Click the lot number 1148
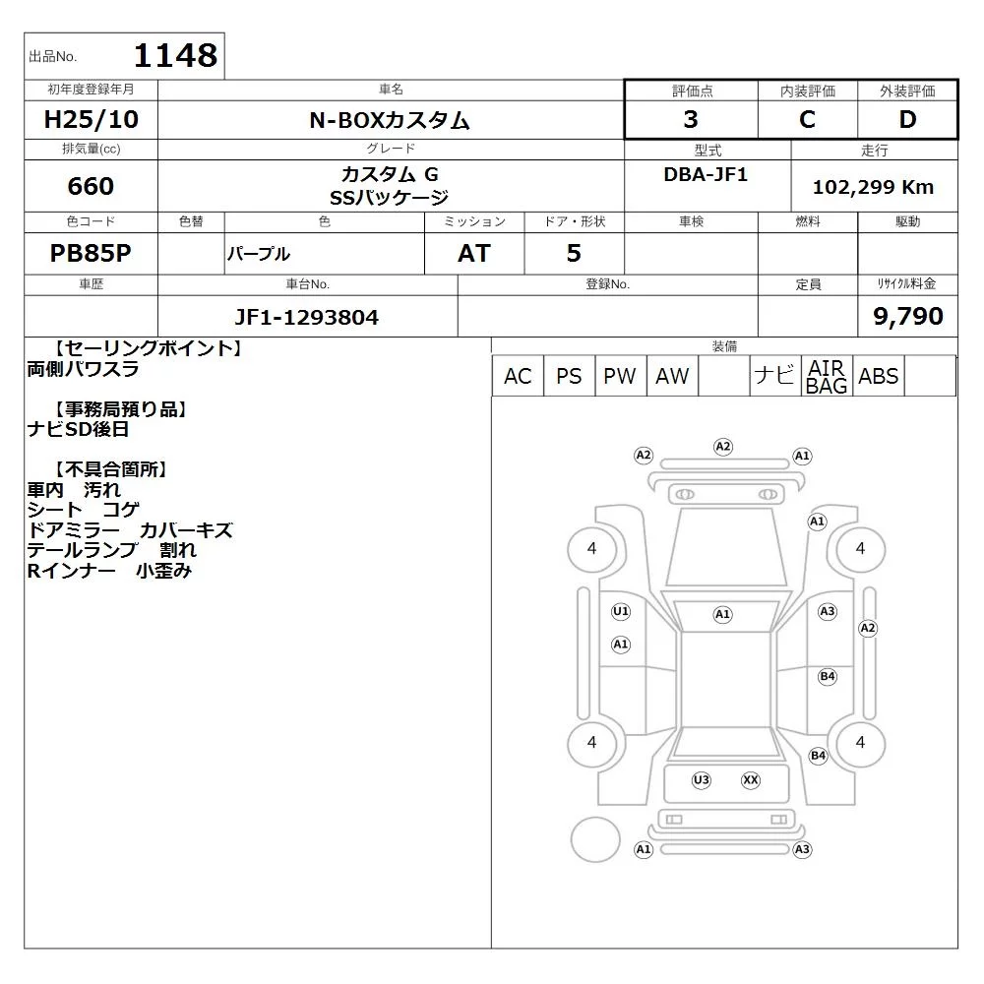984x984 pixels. click(176, 55)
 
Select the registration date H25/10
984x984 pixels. click(91, 119)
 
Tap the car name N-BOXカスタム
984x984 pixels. click(390, 120)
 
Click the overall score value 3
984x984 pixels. click(691, 119)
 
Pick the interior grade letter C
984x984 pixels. click(807, 119)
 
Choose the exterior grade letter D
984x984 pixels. click(907, 119)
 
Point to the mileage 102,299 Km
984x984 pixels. click(873, 187)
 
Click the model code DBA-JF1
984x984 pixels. click(706, 174)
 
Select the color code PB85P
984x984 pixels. click(91, 253)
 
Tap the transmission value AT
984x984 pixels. click(474, 253)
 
